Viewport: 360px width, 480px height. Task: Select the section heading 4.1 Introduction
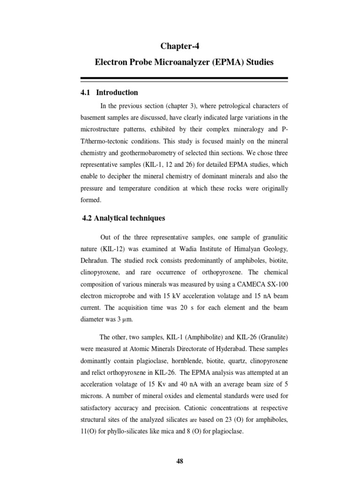110,92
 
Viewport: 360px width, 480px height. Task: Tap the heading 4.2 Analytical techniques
123,218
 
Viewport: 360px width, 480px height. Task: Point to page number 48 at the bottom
180,461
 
